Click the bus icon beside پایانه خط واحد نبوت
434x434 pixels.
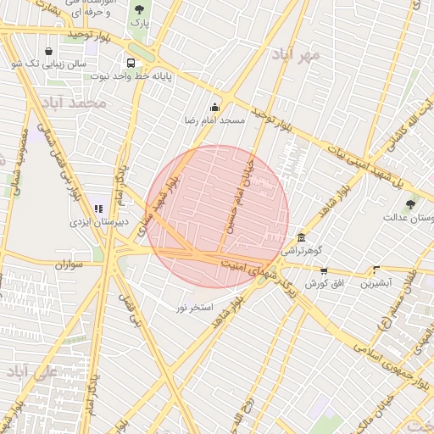[131, 63]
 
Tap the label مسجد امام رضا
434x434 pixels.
[214, 121]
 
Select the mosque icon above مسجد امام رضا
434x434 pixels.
[214, 108]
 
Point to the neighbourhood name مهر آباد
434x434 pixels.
[297, 55]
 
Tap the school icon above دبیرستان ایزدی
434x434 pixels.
[98, 209]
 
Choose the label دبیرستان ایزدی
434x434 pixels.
[98, 223]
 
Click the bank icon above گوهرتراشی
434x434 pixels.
[302, 237]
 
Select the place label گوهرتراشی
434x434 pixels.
[303, 252]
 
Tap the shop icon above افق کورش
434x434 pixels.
[323, 270]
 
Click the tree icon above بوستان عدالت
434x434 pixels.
[411, 204]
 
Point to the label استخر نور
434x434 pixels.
[195, 305]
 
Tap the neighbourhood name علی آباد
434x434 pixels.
[32, 372]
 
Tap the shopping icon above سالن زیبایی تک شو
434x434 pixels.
[48, 51]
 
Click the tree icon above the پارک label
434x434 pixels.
[139, 9]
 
